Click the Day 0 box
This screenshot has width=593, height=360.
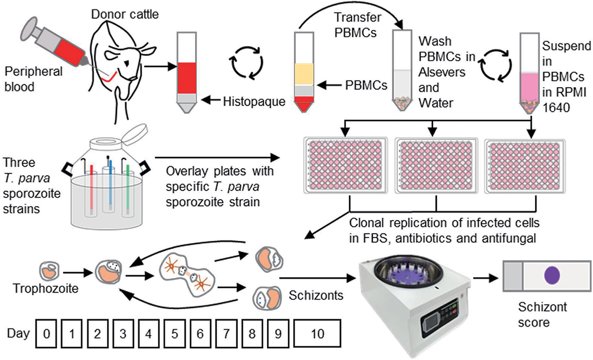click(x=47, y=334)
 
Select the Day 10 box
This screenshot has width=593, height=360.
click(x=317, y=334)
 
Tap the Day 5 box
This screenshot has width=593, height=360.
click(x=174, y=334)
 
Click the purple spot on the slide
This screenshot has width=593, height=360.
click(x=552, y=275)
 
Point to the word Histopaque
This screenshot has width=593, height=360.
click(x=254, y=102)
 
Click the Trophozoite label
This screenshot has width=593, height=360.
click(x=45, y=288)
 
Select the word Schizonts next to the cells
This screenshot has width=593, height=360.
click(x=316, y=295)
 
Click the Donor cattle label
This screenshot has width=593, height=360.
click(x=125, y=14)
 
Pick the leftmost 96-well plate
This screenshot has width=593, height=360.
click(x=345, y=165)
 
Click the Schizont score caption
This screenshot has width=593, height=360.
click(x=542, y=315)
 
